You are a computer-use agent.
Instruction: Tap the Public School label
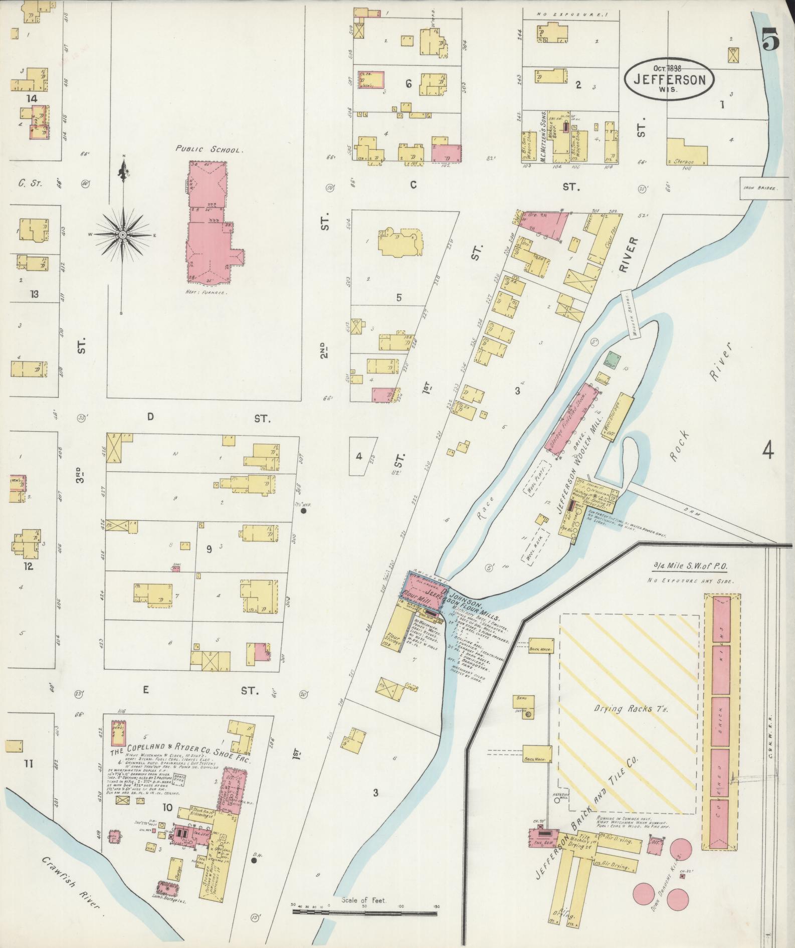point(209,149)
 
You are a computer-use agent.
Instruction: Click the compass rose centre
point(122,235)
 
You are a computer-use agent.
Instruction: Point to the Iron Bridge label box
point(760,188)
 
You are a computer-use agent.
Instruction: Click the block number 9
point(209,549)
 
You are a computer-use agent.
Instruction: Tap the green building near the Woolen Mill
point(611,360)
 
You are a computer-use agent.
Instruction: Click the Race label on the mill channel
point(488,506)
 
